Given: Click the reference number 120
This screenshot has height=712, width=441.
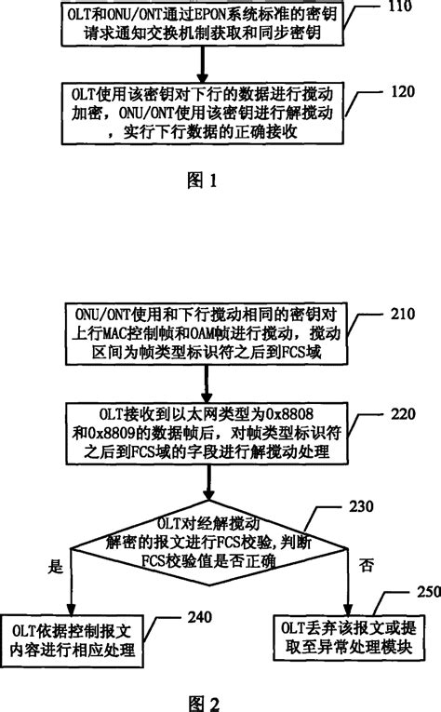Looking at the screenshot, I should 405,92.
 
